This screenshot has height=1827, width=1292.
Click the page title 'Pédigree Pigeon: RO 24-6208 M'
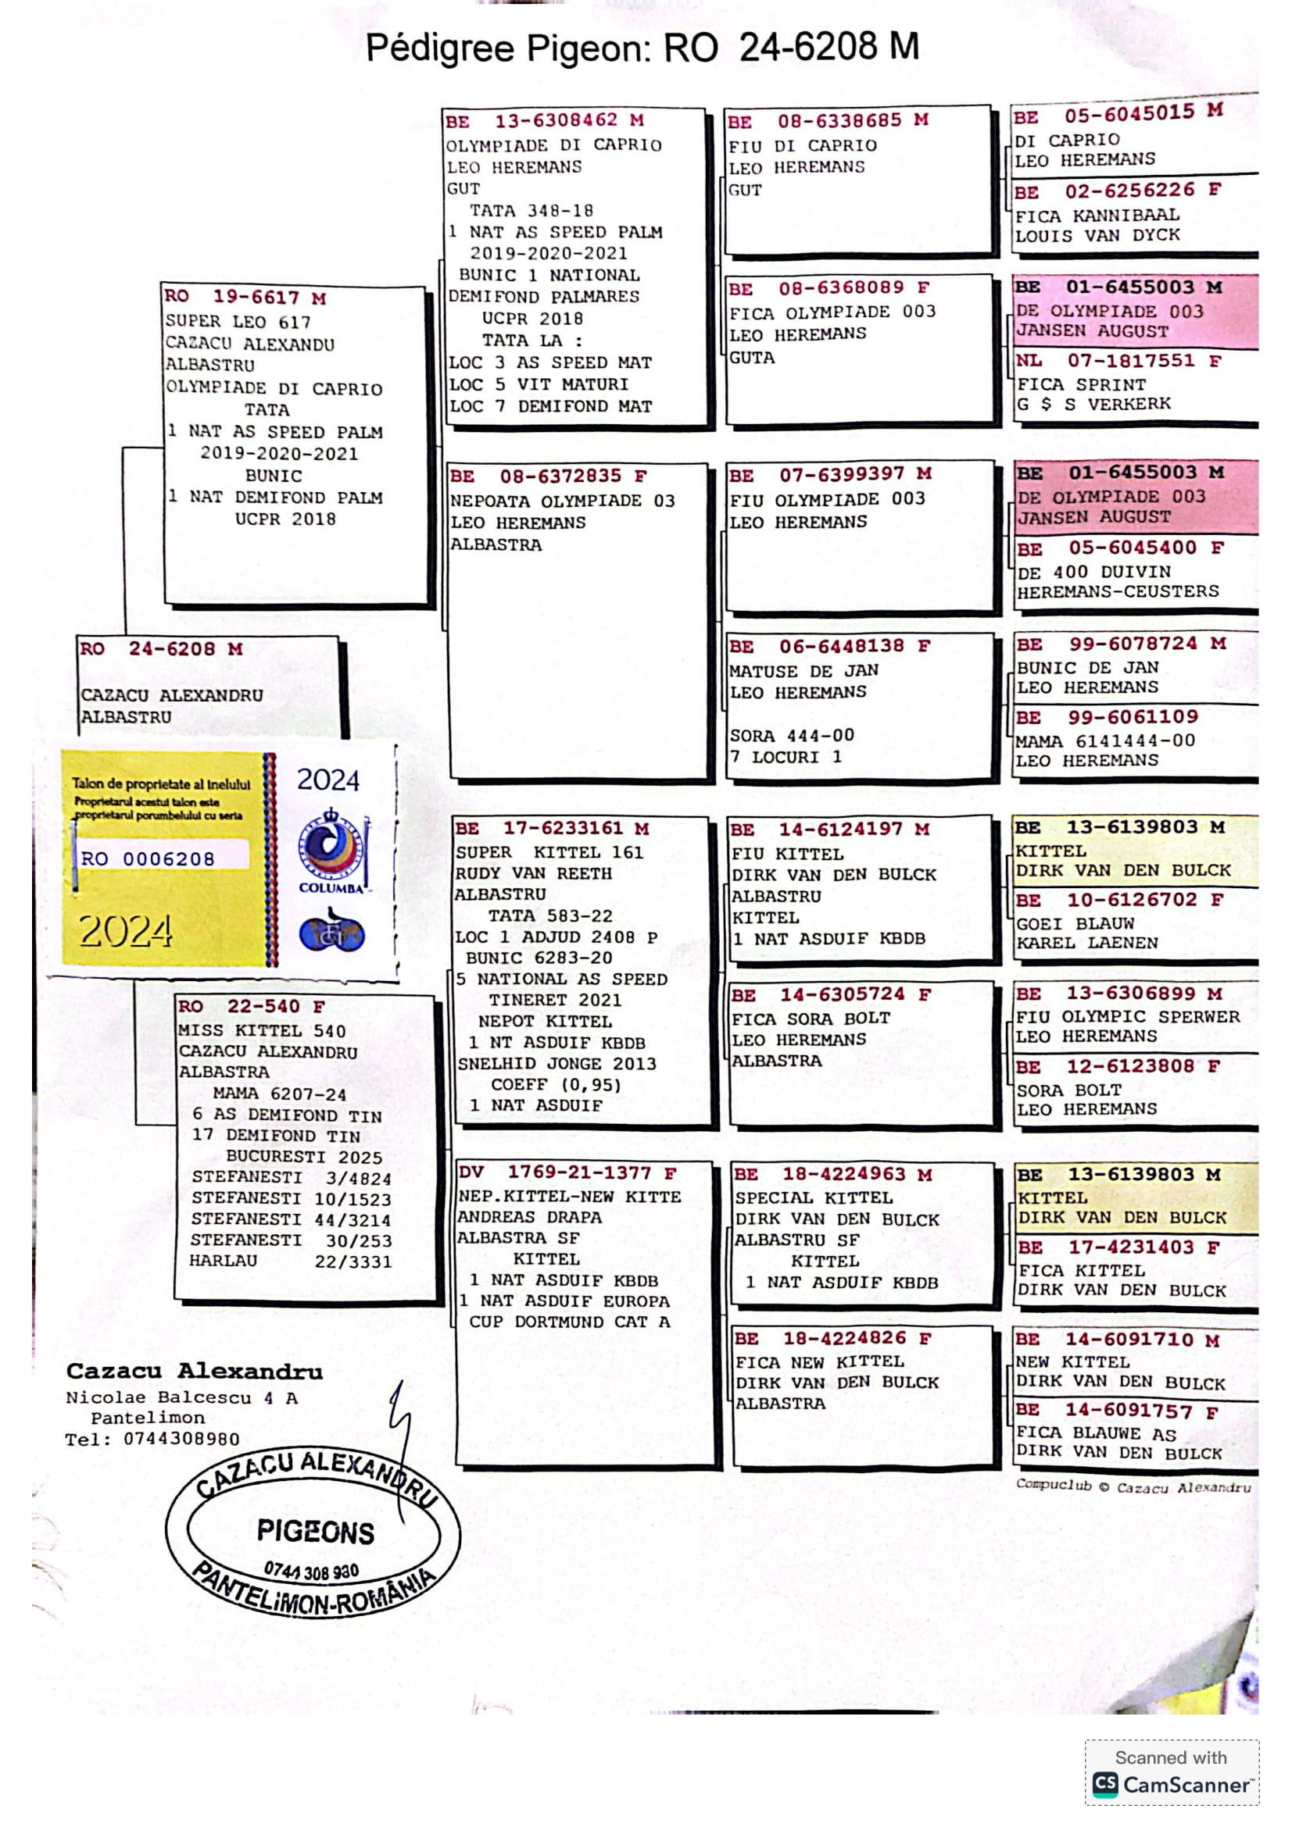[x=642, y=48]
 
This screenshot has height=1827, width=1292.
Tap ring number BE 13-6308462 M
[x=545, y=121]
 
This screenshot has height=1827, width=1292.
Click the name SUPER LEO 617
[x=238, y=323]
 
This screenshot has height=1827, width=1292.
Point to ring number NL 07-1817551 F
[x=1118, y=362]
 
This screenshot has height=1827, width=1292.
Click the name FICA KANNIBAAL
[x=1097, y=216]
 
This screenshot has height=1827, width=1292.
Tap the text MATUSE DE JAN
[x=804, y=671]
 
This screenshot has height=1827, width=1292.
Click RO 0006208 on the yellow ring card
[x=148, y=858]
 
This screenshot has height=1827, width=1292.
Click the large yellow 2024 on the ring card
[x=125, y=930]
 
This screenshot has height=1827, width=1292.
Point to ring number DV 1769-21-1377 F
[x=567, y=1172]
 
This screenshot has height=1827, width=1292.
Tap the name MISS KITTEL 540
[x=262, y=1031]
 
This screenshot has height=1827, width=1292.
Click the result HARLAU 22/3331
[x=290, y=1261]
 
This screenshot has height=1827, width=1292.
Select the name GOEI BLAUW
[x=1075, y=924]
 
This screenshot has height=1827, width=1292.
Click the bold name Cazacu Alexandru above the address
[x=195, y=1371]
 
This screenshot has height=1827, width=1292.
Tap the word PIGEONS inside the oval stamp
[x=315, y=1532]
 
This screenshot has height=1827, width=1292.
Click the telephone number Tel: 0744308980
[x=152, y=1439]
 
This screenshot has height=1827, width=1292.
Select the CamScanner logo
[x=1170, y=1785]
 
